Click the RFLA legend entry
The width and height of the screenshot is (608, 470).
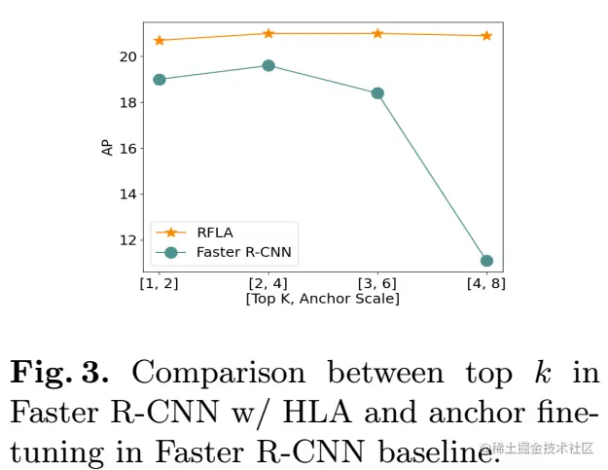tap(214, 233)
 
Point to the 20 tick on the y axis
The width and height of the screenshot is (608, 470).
tap(127, 56)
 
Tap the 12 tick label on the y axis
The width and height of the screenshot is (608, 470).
tap(127, 239)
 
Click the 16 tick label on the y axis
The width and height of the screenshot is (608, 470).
tap(127, 148)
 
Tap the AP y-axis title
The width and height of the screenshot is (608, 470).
tap(106, 148)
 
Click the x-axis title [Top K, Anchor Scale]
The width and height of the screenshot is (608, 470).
tap(322, 298)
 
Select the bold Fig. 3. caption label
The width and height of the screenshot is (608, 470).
tap(62, 373)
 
